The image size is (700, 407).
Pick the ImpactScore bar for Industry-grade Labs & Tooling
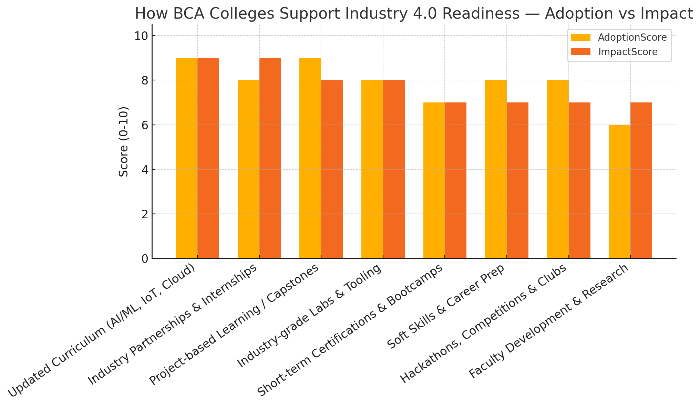(394, 169)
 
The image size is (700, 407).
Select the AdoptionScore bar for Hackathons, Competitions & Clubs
(558, 169)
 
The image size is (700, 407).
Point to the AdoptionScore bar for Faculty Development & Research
(620, 191)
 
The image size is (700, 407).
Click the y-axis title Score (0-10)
(124, 141)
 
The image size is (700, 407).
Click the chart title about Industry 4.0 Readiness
(413, 14)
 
